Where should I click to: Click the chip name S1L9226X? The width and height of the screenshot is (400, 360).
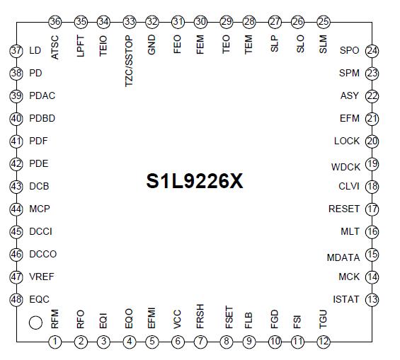pos(195,181)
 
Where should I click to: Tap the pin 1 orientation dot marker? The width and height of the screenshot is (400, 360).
pos(35,323)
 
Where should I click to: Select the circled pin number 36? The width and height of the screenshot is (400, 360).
pos(55,22)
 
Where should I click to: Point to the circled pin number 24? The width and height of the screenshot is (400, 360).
pos(372,51)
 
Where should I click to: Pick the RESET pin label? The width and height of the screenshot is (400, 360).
pos(344,209)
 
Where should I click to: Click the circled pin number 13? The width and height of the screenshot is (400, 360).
pos(372,299)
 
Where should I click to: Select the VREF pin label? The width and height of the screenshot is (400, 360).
pos(41,277)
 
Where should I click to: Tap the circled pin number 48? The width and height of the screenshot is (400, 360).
pos(16,300)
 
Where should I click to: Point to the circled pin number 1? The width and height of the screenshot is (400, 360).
pos(55,342)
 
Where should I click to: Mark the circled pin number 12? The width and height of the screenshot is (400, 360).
pos(323,342)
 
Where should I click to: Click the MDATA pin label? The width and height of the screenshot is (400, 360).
pos(343,257)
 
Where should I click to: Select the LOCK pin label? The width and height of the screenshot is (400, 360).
pos(347,141)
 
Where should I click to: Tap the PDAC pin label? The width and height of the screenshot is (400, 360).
pos(42,96)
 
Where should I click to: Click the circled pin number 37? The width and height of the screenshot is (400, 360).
pos(16,51)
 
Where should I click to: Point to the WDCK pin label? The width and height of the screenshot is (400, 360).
pos(345,167)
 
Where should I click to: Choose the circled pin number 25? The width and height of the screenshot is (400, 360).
pos(324,22)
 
